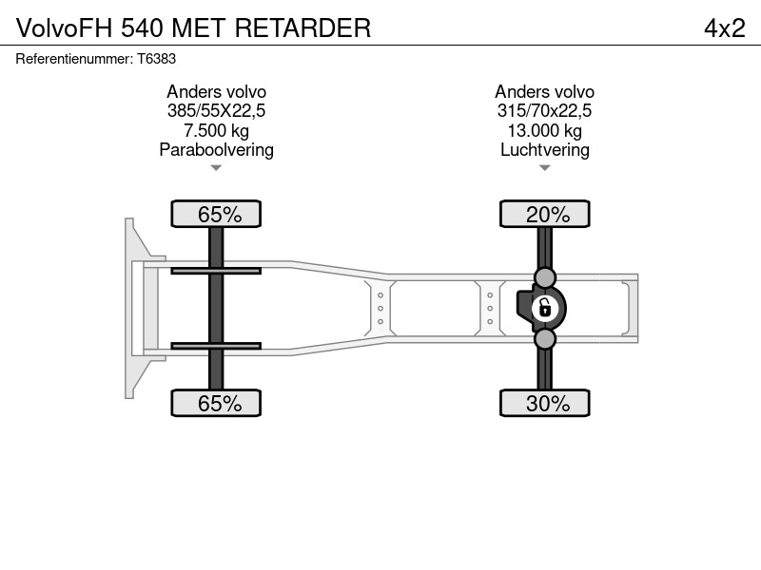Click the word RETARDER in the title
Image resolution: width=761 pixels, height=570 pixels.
[302, 28]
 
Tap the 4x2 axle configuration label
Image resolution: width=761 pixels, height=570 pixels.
[725, 28]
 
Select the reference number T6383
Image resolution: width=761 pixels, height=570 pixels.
[156, 59]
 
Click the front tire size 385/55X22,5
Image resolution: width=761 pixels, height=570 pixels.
[217, 111]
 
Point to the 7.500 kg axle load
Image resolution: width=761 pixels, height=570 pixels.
[217, 130]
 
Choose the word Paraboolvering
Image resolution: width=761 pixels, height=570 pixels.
[217, 150]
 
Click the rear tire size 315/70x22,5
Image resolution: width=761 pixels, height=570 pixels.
[544, 111]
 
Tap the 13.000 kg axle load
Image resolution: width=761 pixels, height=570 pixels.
[544, 130]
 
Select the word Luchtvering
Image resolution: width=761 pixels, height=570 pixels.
[544, 150]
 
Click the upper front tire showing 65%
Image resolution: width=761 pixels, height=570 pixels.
[216, 214]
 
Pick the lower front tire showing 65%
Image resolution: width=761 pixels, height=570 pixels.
[216, 403]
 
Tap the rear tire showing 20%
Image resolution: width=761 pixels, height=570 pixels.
[544, 214]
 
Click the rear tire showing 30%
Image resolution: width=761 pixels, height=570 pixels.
[544, 403]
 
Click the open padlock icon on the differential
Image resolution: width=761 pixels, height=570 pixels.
[544, 308]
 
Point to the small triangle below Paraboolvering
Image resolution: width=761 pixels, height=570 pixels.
[216, 168]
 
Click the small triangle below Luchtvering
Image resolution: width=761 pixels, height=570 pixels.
[544, 168]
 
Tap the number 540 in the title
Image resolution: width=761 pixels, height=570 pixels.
[142, 28]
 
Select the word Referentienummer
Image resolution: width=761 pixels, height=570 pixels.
[74, 59]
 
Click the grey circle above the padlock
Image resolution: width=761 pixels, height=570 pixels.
[544, 277]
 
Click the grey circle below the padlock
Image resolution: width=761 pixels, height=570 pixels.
[544, 339]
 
